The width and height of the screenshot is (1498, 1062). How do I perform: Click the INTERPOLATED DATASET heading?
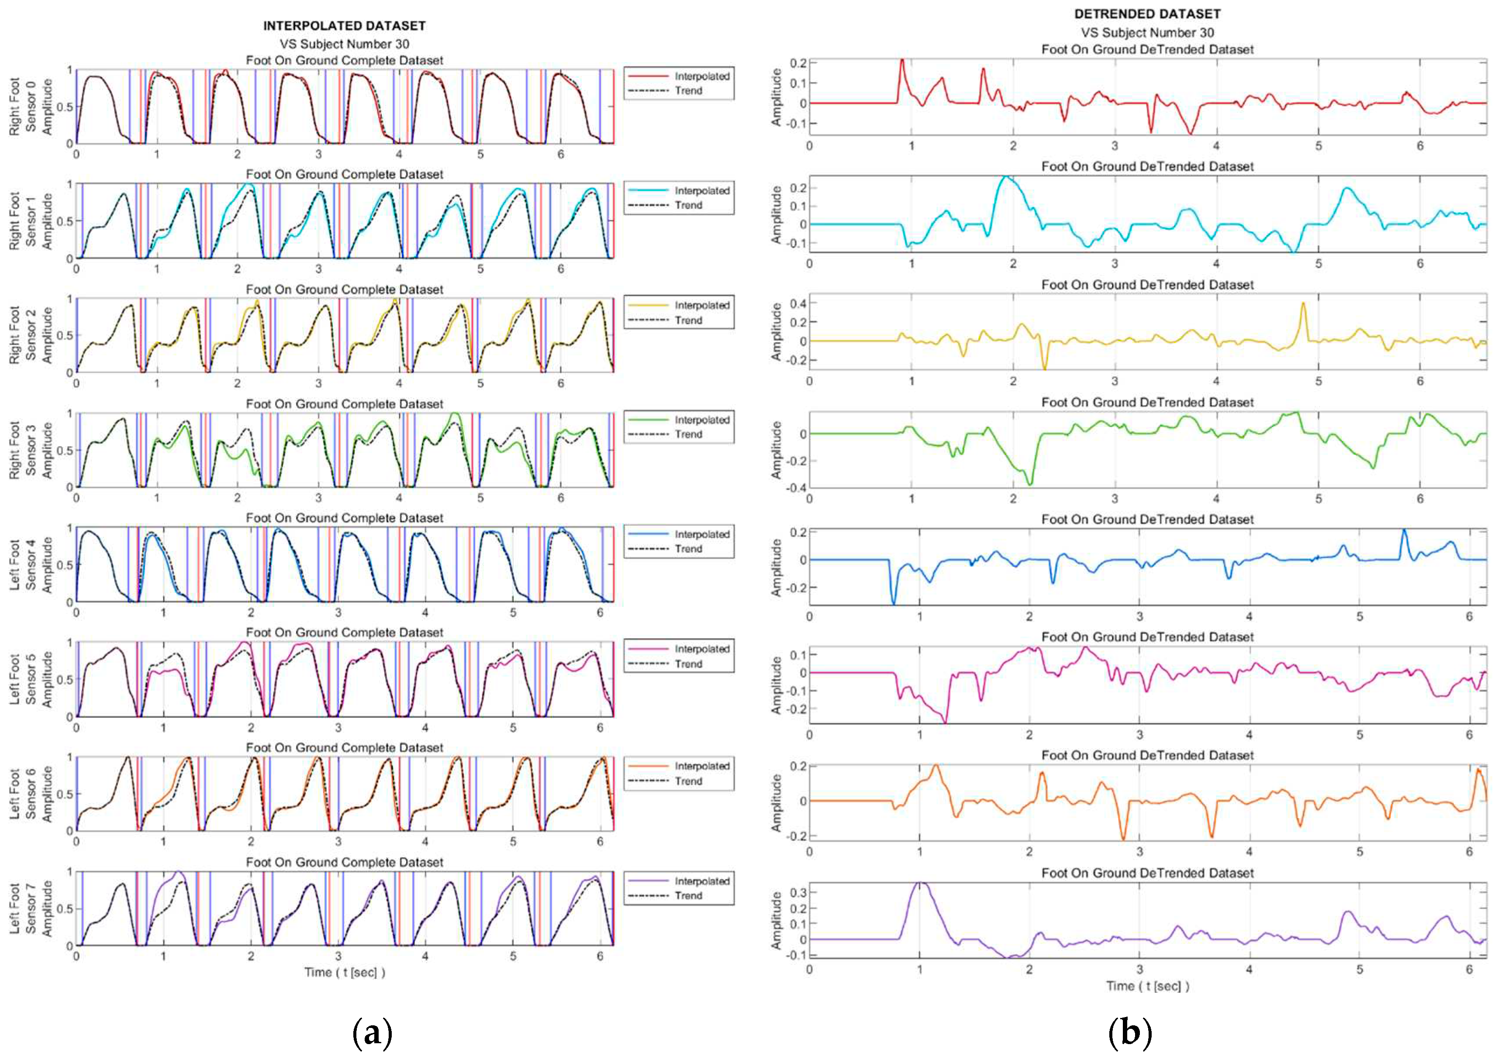coord(344,25)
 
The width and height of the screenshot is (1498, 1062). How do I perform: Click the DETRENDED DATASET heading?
coord(1147,13)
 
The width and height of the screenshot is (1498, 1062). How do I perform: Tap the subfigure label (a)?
coord(372,1033)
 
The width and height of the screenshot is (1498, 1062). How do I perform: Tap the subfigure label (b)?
coord(1130,1033)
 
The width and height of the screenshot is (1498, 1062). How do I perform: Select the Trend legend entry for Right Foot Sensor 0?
coord(688,91)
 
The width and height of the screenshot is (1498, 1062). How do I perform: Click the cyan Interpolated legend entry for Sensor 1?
coord(701,190)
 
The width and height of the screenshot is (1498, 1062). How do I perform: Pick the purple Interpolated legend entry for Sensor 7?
coord(701,881)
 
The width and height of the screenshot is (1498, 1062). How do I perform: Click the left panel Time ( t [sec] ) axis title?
coord(344,973)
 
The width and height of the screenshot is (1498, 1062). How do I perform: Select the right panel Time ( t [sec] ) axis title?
coord(1147,986)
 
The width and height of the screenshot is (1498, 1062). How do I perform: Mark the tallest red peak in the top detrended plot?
coord(902,61)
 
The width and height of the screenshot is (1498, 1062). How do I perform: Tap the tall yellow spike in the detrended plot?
coord(1303,303)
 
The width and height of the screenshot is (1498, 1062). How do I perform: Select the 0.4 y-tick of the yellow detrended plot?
coord(797,303)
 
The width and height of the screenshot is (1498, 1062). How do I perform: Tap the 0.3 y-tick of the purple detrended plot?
coord(797,893)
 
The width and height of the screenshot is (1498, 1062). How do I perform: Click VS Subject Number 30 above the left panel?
coord(344,44)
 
